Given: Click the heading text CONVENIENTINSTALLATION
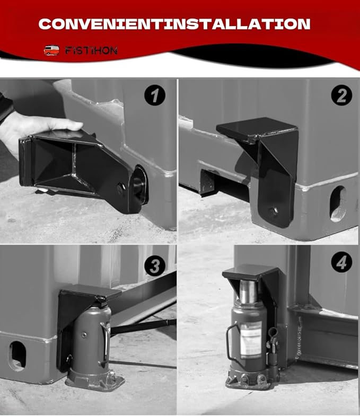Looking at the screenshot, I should [174, 24].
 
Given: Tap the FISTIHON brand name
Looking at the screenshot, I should [91, 51].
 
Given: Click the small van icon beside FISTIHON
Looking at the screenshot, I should [51, 51].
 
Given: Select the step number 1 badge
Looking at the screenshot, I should [154, 96].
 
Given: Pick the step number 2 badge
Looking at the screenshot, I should [341, 96].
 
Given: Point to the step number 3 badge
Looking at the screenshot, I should [154, 266].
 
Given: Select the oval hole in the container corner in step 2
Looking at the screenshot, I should [338, 203].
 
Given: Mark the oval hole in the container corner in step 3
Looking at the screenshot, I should [17, 356].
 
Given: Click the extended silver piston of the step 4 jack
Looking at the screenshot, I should [248, 294].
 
